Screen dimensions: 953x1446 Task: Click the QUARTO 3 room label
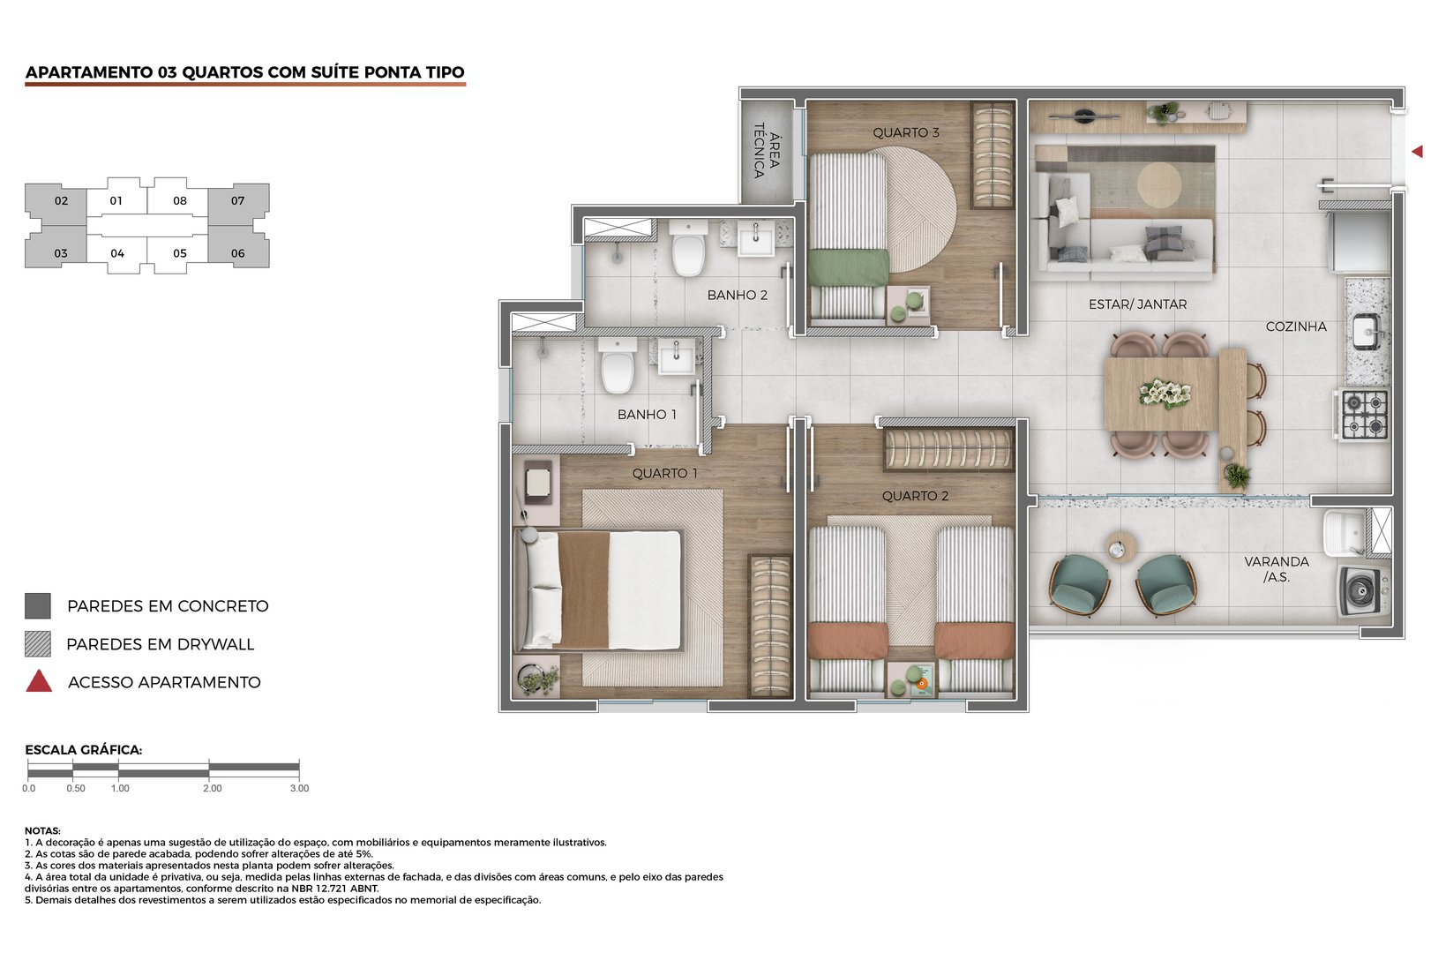pos(905,132)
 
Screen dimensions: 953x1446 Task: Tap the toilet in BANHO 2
pos(687,251)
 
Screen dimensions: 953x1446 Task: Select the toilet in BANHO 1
pos(618,367)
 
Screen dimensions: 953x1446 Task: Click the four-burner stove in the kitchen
pos(1364,414)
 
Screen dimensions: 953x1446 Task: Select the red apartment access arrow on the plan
pos(1417,152)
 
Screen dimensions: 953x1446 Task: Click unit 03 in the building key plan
pos(60,253)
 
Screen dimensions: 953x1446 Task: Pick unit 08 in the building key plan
pos(180,200)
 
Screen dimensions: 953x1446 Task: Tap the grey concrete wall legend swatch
pos(38,606)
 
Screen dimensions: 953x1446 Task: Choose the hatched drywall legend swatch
pos(38,644)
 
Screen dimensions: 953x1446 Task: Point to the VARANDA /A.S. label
pos(1276,569)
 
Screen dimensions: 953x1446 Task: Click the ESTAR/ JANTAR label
pos(1137,304)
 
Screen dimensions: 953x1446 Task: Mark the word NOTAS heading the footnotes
pos(42,830)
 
